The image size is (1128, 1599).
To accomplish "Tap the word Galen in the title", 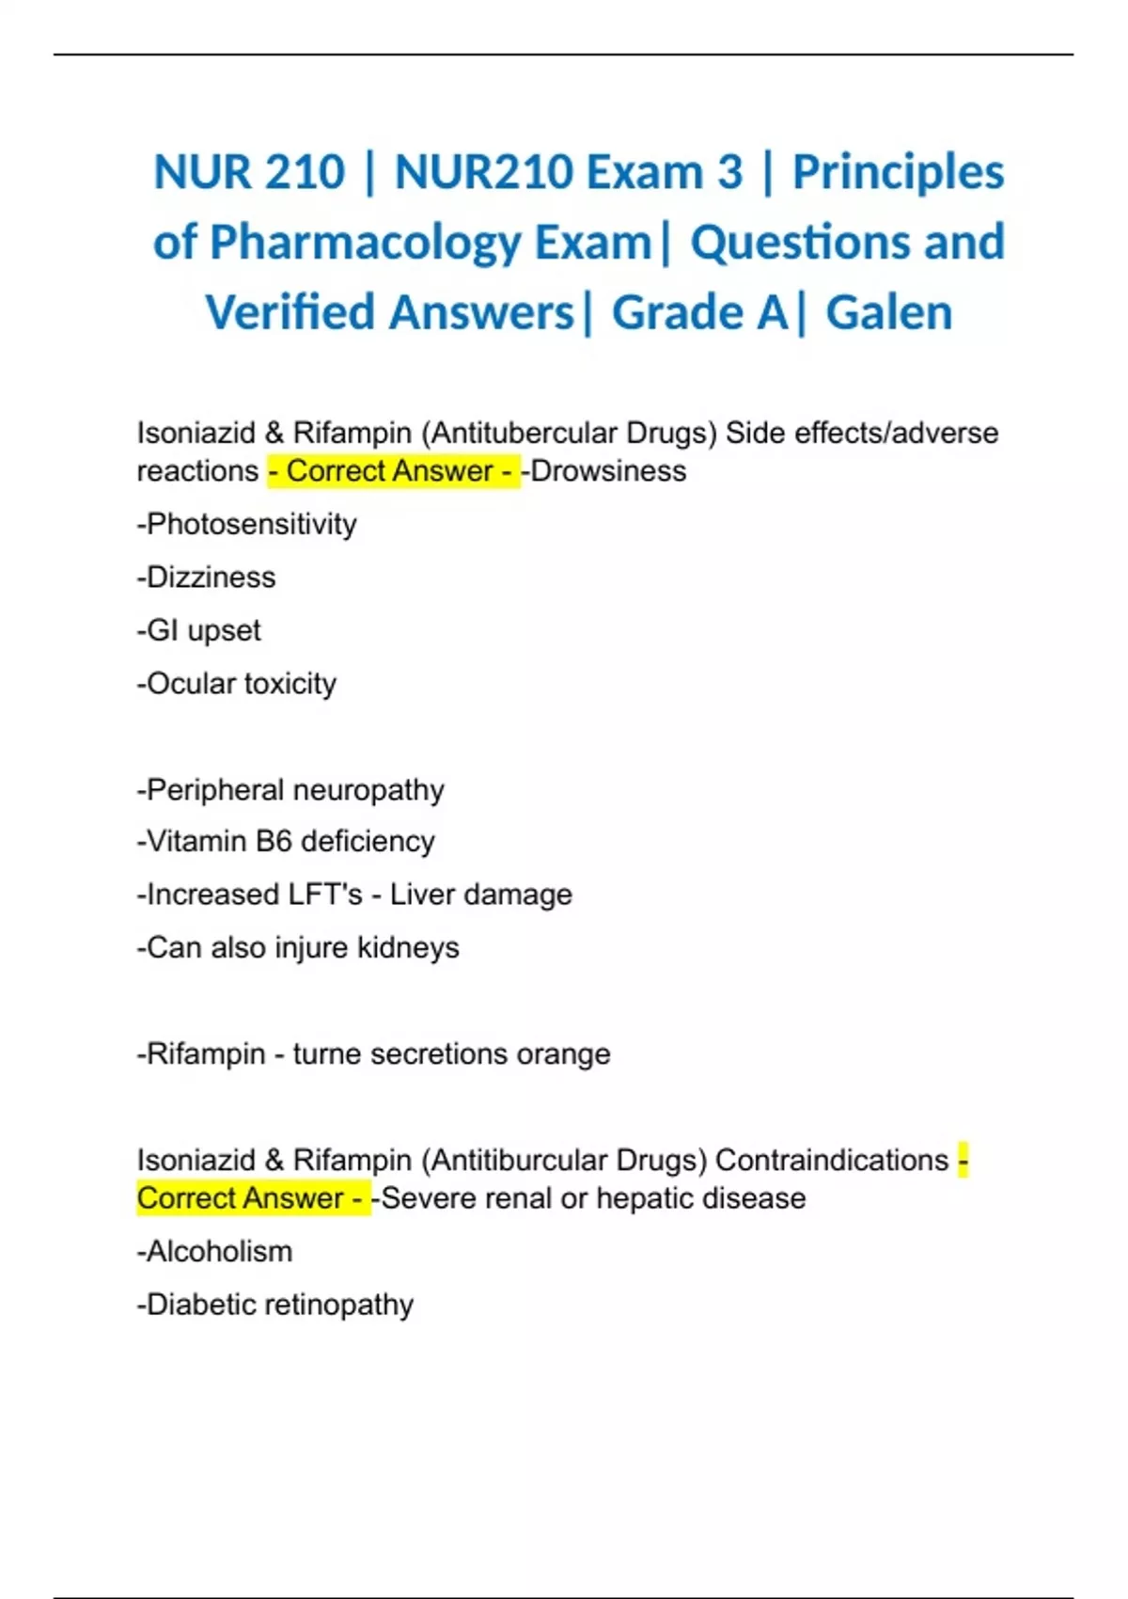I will tap(888, 312).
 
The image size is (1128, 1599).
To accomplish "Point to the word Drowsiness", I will tap(608, 471).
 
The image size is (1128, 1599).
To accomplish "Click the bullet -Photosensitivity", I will tap(247, 524).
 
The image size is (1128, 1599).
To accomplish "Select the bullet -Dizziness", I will tap(207, 578).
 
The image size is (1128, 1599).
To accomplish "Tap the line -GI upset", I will tap(199, 630).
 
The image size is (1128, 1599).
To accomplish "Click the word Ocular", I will tap(191, 684).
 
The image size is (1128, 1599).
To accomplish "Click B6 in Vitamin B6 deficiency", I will tap(274, 841).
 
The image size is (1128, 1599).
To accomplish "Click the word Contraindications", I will tap(832, 1161).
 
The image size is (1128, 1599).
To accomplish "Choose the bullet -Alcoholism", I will tap(215, 1252).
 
